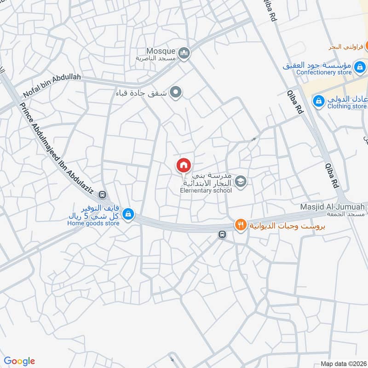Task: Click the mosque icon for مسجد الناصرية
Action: tap(184, 54)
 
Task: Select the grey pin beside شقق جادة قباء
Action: tap(175, 93)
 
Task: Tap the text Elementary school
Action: tap(206, 190)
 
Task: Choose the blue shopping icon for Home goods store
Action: tap(129, 214)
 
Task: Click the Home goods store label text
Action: tap(93, 223)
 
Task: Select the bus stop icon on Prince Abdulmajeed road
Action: tap(102, 195)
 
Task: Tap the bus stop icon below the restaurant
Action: tap(222, 235)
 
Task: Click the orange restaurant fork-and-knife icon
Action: tap(240, 225)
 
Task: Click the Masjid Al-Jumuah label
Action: tap(332, 207)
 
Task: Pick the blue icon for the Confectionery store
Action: tap(361, 69)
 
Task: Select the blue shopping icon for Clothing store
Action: tap(318, 100)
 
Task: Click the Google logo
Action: tap(19, 361)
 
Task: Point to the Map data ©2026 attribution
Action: tap(343, 363)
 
